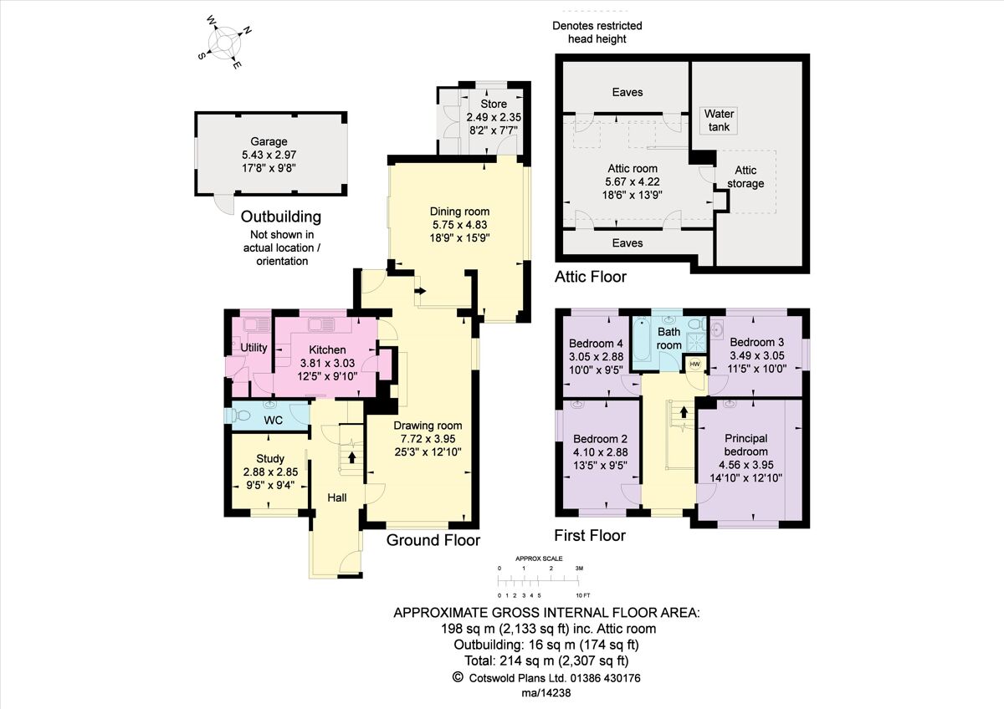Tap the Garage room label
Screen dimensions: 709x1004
pyautogui.click(x=269, y=142)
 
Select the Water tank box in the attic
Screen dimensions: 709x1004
pyautogui.click(x=720, y=120)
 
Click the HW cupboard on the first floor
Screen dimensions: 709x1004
pyautogui.click(x=694, y=364)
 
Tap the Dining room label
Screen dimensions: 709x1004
pyautogui.click(x=459, y=211)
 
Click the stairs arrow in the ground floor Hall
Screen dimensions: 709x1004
pyautogui.click(x=351, y=457)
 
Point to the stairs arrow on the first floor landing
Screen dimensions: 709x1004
pyautogui.click(x=684, y=411)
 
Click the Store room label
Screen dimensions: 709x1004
pyautogui.click(x=494, y=105)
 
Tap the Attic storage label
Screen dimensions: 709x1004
pyautogui.click(x=745, y=177)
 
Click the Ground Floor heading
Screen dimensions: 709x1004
pyautogui.click(x=433, y=540)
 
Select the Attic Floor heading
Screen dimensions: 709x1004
pyautogui.click(x=590, y=277)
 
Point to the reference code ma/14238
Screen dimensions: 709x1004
pyautogui.click(x=547, y=694)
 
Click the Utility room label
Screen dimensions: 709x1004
pyautogui.click(x=254, y=348)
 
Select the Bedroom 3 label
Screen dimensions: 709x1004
pyautogui.click(x=756, y=343)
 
